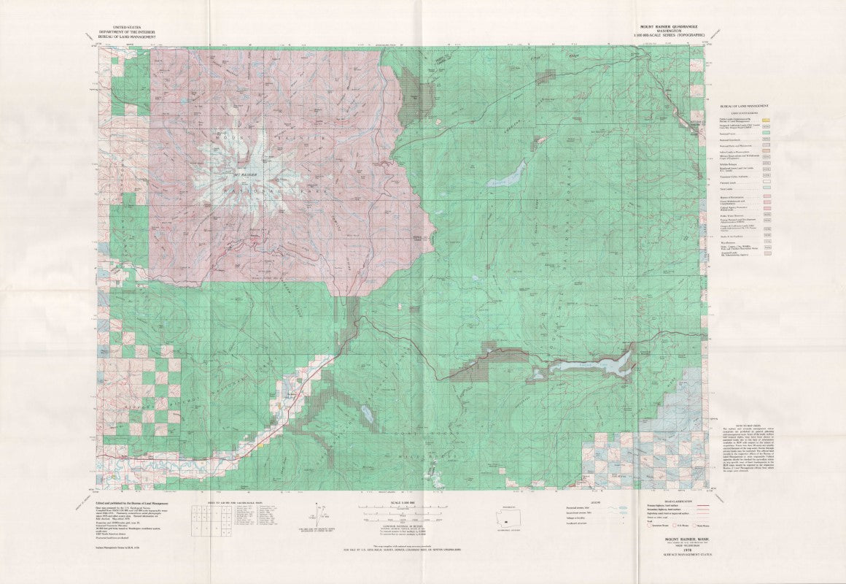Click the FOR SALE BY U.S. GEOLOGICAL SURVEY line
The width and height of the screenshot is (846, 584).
tap(423, 550)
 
